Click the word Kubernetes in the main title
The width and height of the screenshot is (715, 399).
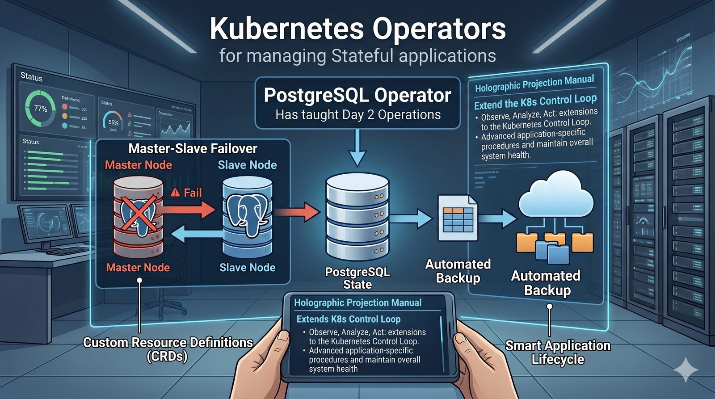[x=286, y=29]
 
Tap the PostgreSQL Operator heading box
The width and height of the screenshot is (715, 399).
[x=357, y=103]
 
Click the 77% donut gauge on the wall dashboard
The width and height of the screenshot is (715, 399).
[x=40, y=109]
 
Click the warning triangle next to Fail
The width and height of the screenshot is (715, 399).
[x=175, y=193]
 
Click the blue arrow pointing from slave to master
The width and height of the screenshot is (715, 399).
[x=197, y=233]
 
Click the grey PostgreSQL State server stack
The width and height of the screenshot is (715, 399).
[x=357, y=217]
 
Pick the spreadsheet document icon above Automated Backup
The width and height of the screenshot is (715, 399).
[x=457, y=218]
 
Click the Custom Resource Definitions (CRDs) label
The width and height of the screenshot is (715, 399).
[x=168, y=349]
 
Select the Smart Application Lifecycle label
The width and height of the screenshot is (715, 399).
[x=558, y=352]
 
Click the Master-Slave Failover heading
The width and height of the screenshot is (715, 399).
[x=193, y=148]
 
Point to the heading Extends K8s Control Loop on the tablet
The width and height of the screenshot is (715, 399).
[x=349, y=319]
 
